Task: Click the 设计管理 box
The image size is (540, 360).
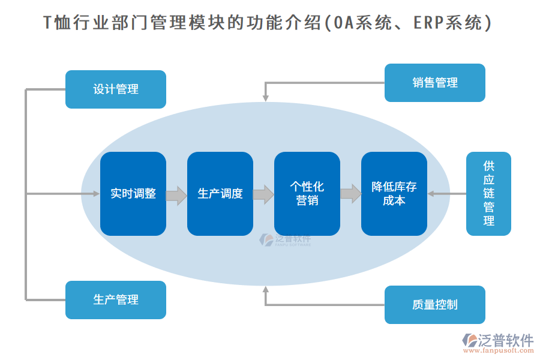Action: pyautogui.click(x=115, y=89)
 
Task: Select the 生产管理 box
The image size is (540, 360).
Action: pyautogui.click(x=115, y=299)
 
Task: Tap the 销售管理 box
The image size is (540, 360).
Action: pyautogui.click(x=434, y=83)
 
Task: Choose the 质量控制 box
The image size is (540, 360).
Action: pyautogui.click(x=434, y=305)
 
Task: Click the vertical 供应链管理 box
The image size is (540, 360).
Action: pyautogui.click(x=488, y=194)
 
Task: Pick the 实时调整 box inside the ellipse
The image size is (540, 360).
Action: pyautogui.click(x=133, y=194)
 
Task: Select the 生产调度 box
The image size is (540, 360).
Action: pyautogui.click(x=220, y=194)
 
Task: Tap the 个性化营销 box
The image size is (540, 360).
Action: pyautogui.click(x=307, y=194)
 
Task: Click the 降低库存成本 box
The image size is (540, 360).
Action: pyautogui.click(x=394, y=194)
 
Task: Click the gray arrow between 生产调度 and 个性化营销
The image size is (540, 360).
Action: pyautogui.click(x=263, y=195)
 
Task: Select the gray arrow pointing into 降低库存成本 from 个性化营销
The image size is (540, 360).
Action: pyautogui.click(x=350, y=194)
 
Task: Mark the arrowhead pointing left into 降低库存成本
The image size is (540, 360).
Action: pyautogui.click(x=431, y=194)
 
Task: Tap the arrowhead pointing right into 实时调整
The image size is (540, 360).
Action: pyautogui.click(x=95, y=194)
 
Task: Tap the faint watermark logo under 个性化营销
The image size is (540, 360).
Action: pyautogui.click(x=285, y=240)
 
